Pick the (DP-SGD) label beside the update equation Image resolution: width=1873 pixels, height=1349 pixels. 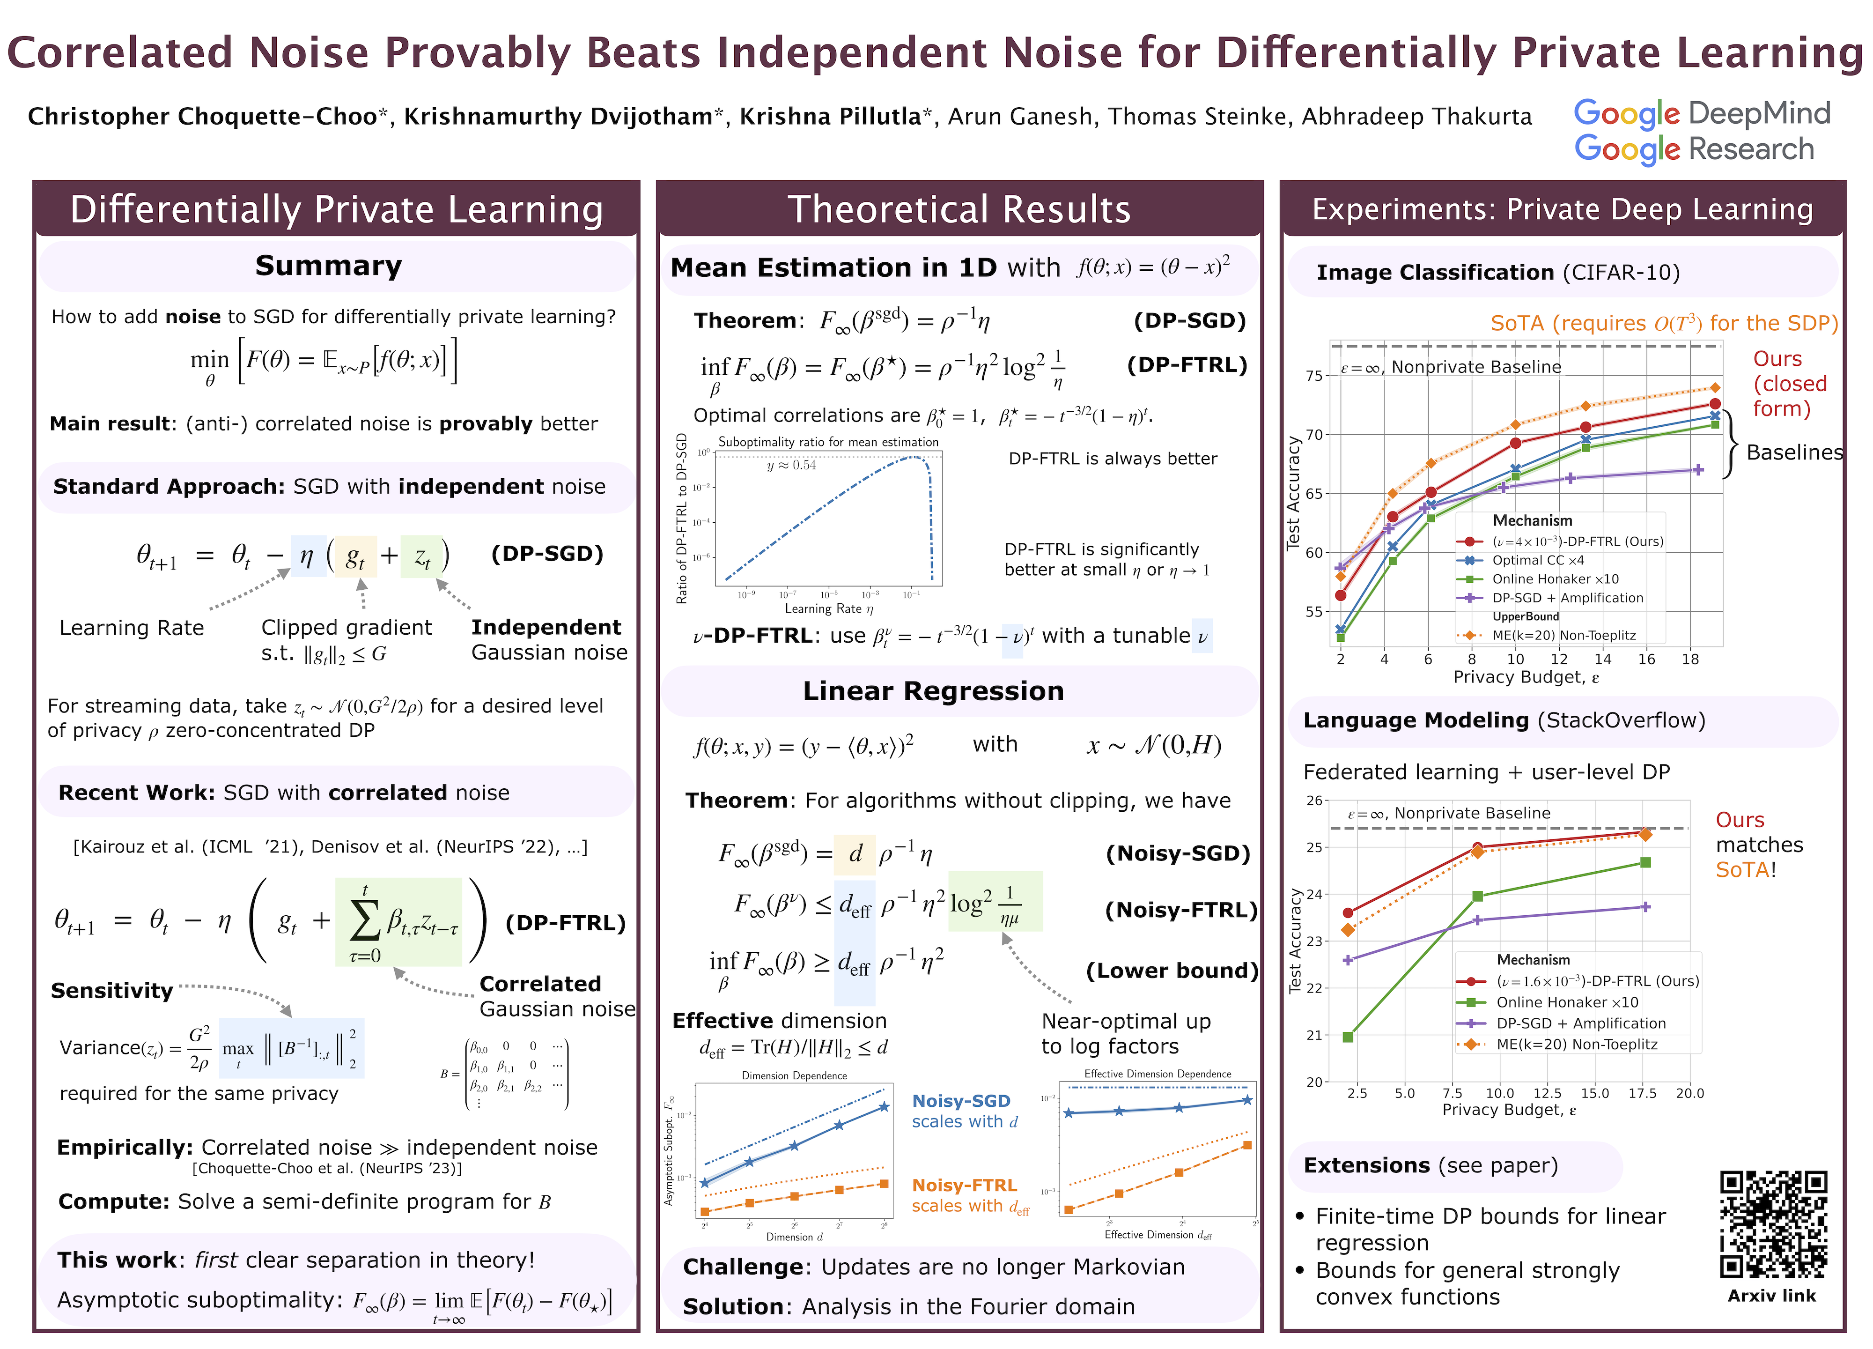coord(547,554)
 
